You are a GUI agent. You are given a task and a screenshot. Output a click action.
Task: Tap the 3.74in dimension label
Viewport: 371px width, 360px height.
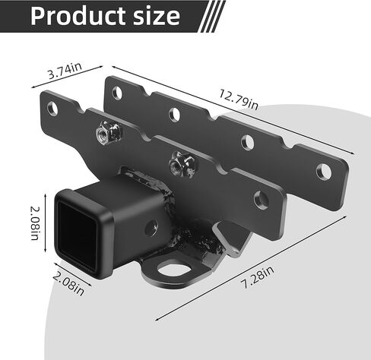65,71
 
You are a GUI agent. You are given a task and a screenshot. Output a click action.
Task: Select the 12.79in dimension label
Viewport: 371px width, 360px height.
239,99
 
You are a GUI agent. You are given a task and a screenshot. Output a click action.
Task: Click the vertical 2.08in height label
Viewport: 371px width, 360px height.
35,223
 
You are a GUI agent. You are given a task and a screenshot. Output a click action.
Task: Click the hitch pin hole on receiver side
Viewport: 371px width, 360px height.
151,227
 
